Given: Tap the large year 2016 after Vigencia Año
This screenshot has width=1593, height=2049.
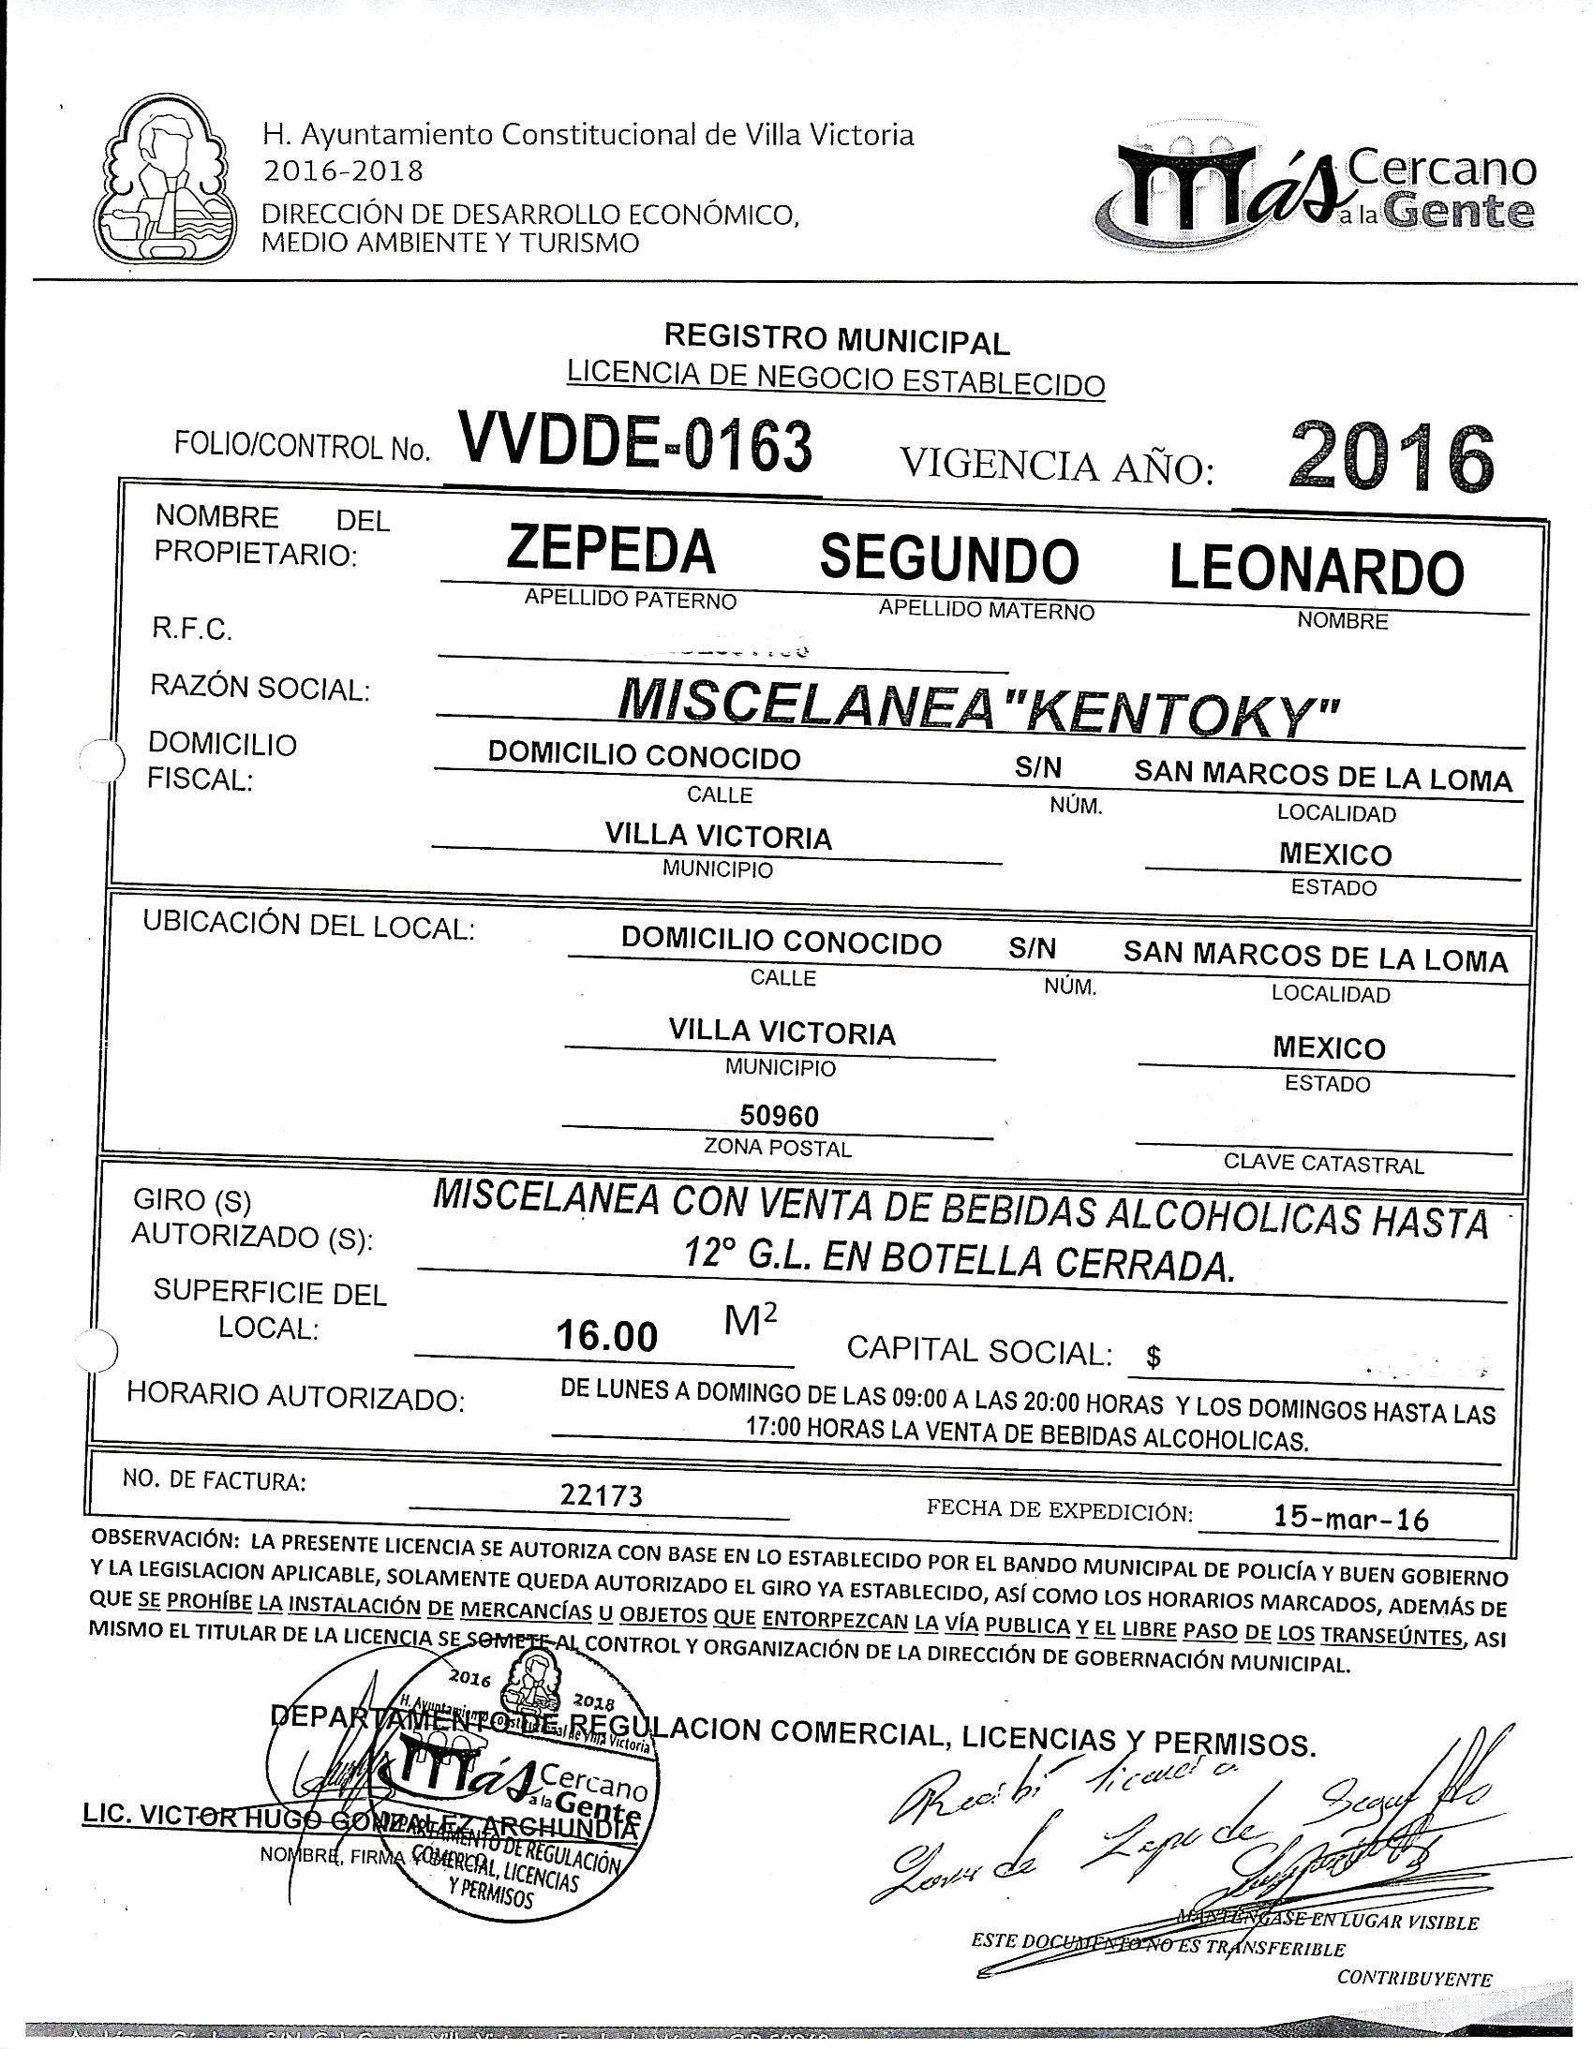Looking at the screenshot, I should tap(1392, 459).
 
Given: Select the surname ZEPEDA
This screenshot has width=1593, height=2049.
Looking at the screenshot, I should tap(611, 553).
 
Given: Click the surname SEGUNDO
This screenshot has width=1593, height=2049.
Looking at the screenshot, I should tap(949, 559).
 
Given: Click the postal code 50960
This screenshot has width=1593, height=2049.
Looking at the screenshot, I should tap(779, 1116).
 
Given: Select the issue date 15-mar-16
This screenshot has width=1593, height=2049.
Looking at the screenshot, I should tap(1350, 1518).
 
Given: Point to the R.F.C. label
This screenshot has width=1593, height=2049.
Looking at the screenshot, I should tap(191, 629).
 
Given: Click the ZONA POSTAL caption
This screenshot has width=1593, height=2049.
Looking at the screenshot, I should tap(778, 1149).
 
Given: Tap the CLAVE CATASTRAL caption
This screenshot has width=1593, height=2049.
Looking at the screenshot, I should tap(1323, 1165).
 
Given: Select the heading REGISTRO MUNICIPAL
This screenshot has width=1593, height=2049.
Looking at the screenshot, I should tap(836, 339).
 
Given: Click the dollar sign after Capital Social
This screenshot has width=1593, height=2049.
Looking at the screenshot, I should tap(1153, 1357).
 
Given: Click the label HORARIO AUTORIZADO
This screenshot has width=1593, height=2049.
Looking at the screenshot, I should tap(295, 1397).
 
